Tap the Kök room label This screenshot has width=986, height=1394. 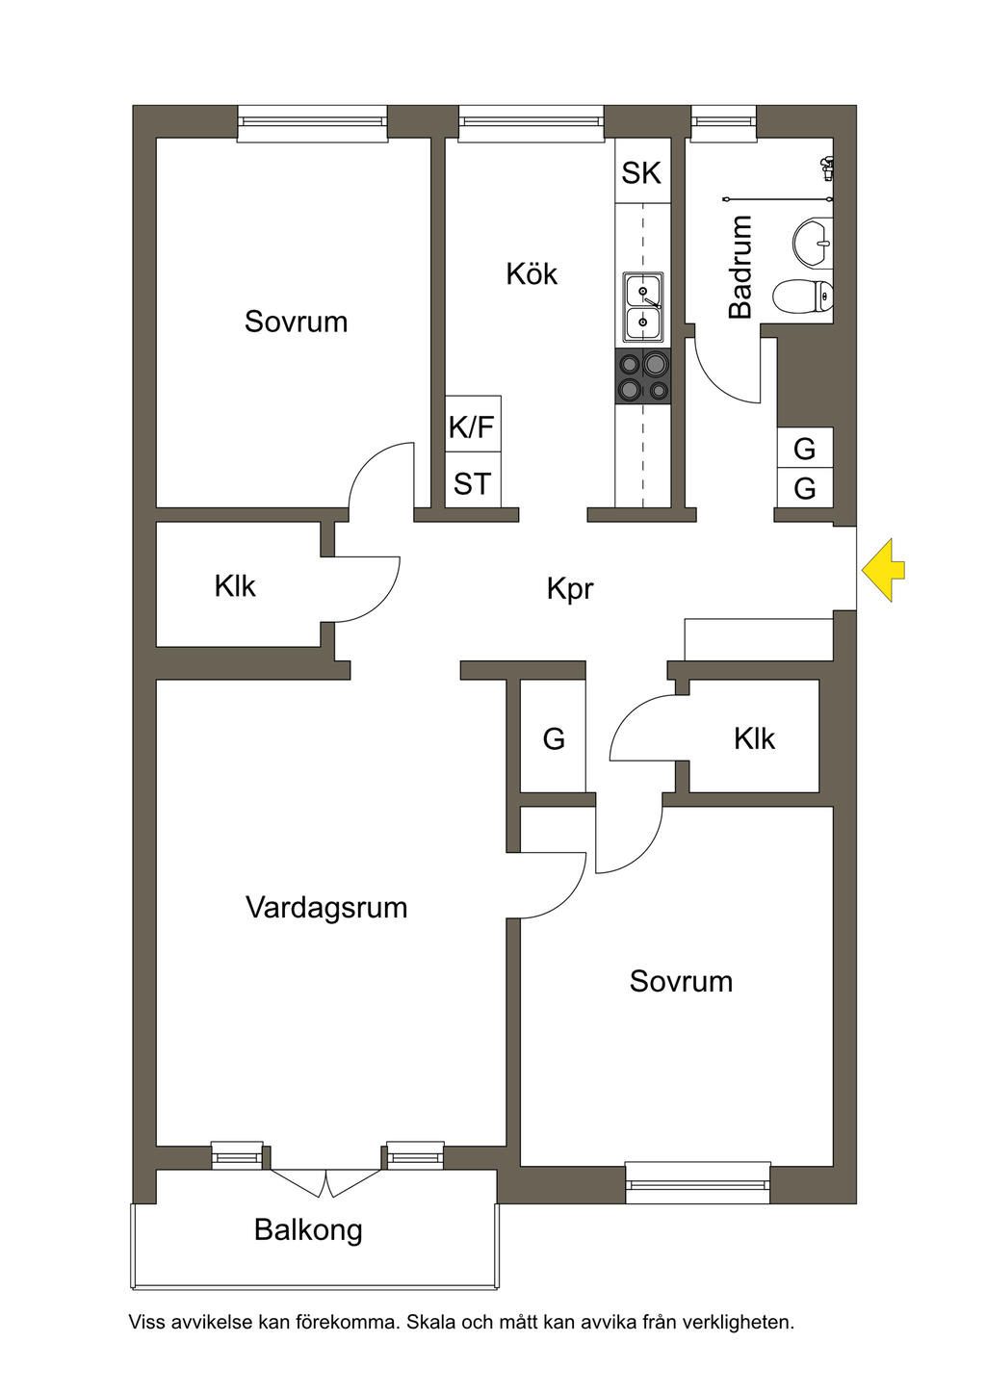532,274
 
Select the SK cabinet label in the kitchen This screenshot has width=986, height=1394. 641,173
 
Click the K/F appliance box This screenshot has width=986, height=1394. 472,426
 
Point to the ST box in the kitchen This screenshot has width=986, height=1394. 472,483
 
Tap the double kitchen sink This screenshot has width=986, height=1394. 642,307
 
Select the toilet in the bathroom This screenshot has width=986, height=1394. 803,296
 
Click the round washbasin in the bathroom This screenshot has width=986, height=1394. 813,241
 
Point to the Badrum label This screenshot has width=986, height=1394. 739,267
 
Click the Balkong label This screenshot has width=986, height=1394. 308,1229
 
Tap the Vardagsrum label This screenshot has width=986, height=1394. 326,908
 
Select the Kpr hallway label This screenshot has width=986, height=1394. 570,588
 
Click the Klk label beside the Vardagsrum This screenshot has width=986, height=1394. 235,585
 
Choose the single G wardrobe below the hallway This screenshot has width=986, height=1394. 554,738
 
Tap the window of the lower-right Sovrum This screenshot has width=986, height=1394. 697,1182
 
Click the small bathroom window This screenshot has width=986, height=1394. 724,121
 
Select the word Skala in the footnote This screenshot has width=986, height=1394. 431,1323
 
